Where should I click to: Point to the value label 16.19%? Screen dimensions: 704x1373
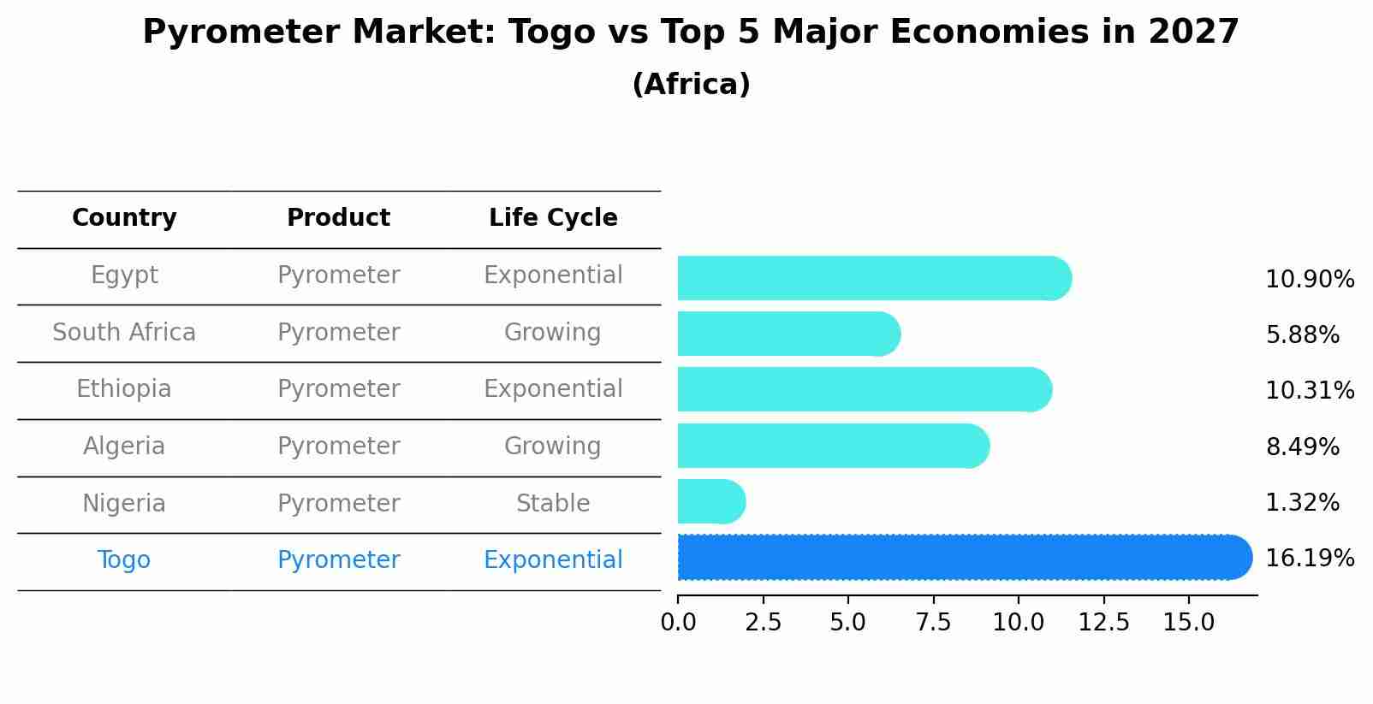[1309, 559]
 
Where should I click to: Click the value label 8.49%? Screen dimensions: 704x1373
[1302, 447]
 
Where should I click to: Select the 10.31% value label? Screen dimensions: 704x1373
[1309, 391]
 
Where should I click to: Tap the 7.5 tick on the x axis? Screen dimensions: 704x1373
[933, 623]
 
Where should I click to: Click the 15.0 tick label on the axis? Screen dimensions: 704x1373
[1188, 623]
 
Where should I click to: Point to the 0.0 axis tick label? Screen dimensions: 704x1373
[678, 623]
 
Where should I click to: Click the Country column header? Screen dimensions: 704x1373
[124, 218]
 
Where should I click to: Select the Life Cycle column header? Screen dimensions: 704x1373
[553, 218]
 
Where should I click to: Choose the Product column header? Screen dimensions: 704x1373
[338, 218]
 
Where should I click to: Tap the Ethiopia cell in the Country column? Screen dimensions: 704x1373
[124, 389]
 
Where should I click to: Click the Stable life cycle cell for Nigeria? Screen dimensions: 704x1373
[553, 504]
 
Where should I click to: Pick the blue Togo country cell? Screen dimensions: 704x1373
[124, 560]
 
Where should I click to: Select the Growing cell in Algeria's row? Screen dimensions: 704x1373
[553, 447]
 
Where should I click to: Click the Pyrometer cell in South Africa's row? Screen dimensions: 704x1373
[338, 333]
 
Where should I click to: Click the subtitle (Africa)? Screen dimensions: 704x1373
[691, 85]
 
